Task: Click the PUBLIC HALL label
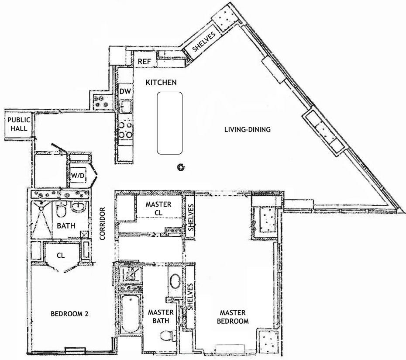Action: pos(18,124)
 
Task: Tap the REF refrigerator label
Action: pos(144,62)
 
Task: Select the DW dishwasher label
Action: pos(125,91)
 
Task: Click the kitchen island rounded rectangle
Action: pos(170,123)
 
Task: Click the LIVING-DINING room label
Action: pos(248,129)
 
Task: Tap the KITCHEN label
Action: pos(161,83)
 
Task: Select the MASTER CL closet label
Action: pos(158,208)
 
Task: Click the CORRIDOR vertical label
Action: pos(103,224)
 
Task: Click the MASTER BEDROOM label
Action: pos(234,317)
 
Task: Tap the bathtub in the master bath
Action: pos(130,314)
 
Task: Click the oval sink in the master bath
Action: pos(175,281)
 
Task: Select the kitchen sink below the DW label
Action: pos(126,106)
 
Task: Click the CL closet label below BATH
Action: pos(61,255)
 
